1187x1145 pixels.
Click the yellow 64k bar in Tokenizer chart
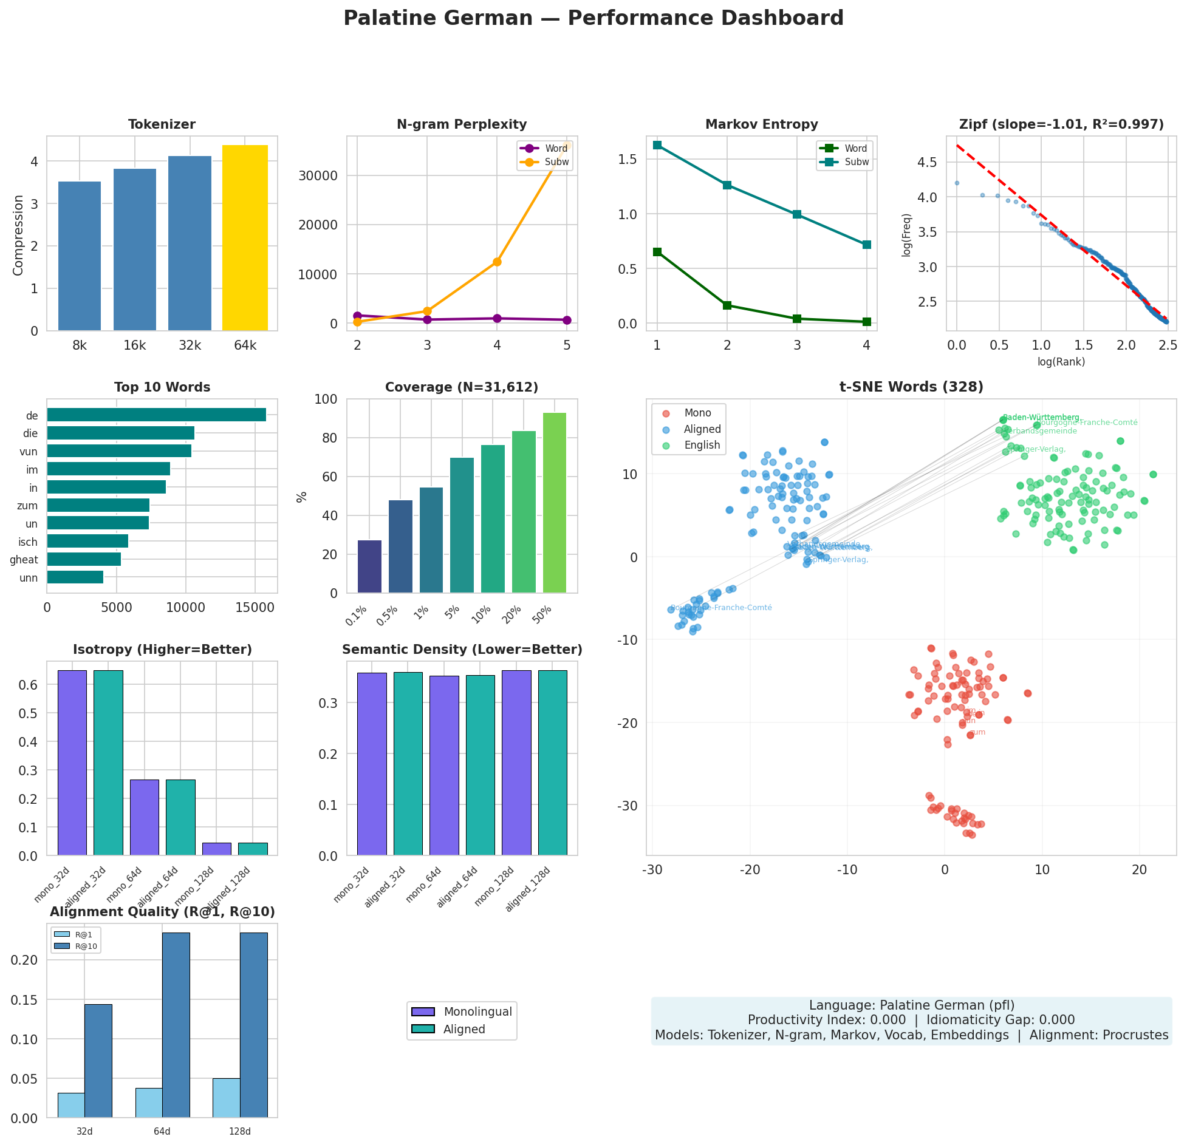pos(245,238)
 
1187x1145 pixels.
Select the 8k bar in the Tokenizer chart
pos(80,256)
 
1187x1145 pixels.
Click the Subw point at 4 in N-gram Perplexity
pos(497,262)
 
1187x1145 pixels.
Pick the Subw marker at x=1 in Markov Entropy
pos(657,145)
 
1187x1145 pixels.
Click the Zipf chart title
pos(1061,124)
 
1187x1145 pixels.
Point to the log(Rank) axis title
pos(1061,362)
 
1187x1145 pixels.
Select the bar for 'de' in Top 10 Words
pos(156,415)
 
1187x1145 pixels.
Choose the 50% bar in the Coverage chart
pos(554,503)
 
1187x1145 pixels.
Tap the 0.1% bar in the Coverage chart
pos(369,566)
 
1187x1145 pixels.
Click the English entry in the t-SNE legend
pos(702,445)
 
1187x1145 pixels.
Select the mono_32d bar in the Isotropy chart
pos(72,763)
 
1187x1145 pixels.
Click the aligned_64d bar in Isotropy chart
pos(180,818)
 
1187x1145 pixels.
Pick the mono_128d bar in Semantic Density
pos(516,763)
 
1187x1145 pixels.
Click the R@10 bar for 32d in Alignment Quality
pos(98,1061)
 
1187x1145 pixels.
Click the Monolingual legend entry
pos(477,1011)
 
